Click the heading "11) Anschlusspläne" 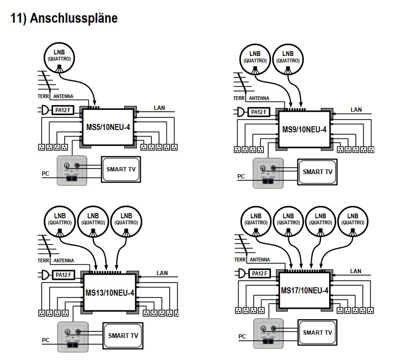64,18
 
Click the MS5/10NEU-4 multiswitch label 108,127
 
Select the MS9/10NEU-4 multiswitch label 304,130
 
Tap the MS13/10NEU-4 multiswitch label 110,293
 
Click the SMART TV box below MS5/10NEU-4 121,169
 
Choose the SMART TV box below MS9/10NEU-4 317,172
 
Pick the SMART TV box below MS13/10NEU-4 123,336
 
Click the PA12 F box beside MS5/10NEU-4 62,110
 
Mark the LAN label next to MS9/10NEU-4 356,110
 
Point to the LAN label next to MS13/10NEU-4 162,273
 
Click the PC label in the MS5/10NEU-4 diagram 45,174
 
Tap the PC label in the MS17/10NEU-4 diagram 242,336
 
